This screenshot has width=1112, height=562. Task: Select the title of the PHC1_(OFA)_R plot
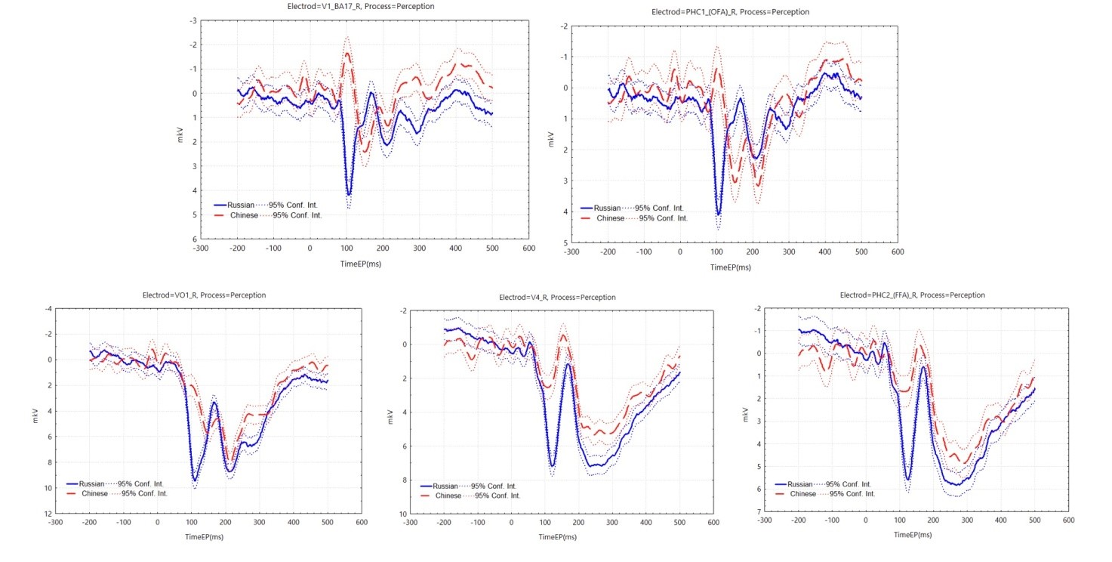(x=731, y=12)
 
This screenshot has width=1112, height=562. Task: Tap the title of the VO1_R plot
(x=193, y=295)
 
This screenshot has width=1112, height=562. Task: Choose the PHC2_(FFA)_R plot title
(x=912, y=295)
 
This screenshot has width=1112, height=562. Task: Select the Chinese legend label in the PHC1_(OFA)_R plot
(x=610, y=218)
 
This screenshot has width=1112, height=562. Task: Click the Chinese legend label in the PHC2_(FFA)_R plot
(x=803, y=494)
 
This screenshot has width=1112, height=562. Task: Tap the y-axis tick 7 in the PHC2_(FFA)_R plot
(x=756, y=512)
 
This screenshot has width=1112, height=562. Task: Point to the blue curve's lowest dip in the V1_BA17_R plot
(x=348, y=195)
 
